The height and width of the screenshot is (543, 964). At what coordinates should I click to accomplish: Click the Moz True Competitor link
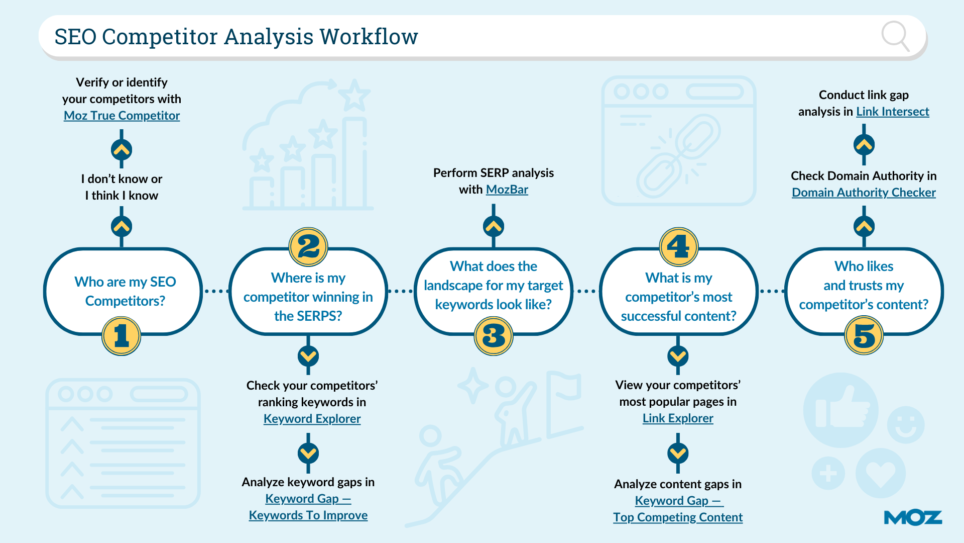coord(122,116)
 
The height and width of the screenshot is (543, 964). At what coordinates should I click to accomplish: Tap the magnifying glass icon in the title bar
coord(895,36)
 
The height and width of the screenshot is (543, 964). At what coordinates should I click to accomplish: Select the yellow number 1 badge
coord(121,336)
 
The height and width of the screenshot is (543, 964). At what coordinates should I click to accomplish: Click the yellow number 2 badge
coord(308,247)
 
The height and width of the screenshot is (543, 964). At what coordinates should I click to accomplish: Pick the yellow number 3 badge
coord(494,336)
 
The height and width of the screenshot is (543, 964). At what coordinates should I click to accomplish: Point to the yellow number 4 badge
coord(678,247)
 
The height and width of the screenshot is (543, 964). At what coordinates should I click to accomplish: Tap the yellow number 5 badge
coord(864,336)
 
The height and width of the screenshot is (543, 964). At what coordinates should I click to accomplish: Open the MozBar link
coord(507,190)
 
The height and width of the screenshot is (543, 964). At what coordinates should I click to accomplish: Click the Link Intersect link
coord(892,112)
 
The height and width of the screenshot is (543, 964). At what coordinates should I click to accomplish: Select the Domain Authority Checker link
coord(864,193)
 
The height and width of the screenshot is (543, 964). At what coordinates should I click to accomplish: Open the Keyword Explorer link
coord(312,419)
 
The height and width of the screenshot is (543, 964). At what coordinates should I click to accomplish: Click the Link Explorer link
coord(678,418)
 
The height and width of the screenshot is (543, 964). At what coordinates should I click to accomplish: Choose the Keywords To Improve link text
coord(308,515)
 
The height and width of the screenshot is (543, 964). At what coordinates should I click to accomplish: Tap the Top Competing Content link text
coord(678,517)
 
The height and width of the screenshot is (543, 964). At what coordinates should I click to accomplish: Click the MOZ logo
coord(912,518)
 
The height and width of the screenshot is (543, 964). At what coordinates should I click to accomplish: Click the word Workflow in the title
coord(369,37)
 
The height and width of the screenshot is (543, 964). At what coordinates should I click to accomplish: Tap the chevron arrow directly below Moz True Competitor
coord(122,149)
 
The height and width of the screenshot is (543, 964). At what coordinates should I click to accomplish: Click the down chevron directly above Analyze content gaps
coord(678,454)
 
